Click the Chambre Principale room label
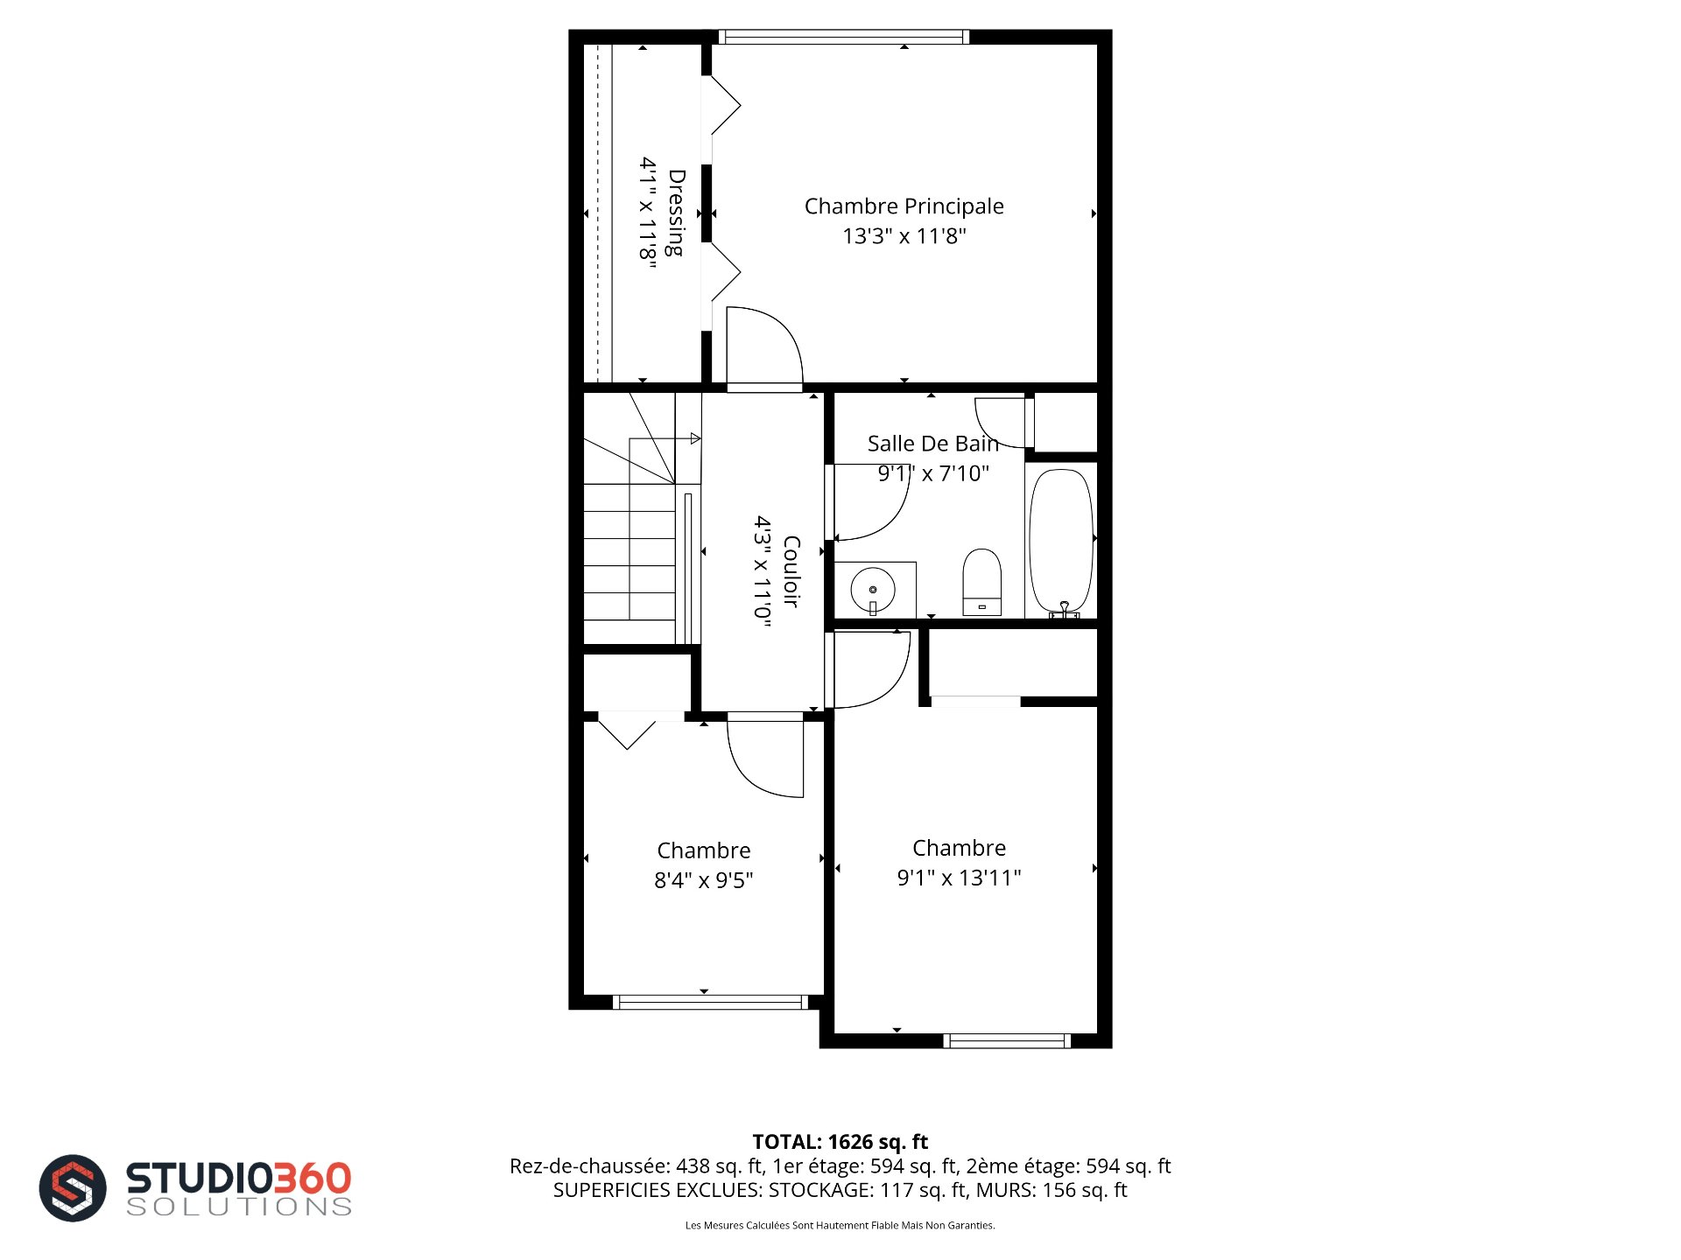tap(904, 206)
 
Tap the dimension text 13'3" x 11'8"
tap(904, 236)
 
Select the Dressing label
tap(676, 213)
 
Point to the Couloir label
tap(791, 571)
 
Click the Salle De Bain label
tap(933, 444)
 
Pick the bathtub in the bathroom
tap(1061, 541)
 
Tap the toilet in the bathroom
tap(981, 582)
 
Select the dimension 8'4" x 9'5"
tap(704, 880)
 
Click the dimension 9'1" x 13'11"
tap(959, 878)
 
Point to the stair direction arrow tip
tap(700, 438)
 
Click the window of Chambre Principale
tap(844, 37)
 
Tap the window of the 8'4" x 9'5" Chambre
tap(710, 1003)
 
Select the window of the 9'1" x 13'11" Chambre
tap(1007, 1040)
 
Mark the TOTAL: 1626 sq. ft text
tap(840, 1142)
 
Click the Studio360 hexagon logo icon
tap(73, 1187)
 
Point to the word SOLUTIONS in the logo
tap(239, 1207)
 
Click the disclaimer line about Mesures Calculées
tap(840, 1225)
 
